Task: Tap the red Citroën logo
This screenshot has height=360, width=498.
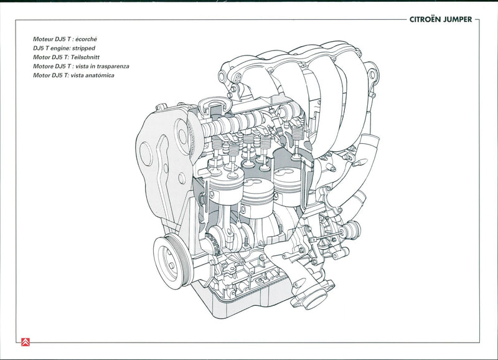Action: point(25,341)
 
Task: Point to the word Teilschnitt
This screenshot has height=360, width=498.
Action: point(85,57)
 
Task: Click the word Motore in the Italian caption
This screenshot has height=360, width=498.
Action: point(44,66)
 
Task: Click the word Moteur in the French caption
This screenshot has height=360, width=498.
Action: point(44,38)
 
